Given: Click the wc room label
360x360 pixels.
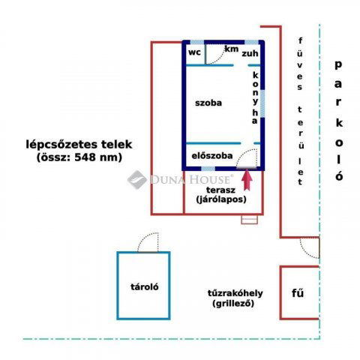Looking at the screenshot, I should click(193, 52).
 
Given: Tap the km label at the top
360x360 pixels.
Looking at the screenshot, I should click(232, 49).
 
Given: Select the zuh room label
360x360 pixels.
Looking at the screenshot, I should click(250, 53).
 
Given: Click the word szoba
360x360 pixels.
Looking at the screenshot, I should click(208, 103).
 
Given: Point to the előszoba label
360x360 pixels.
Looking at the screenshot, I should click(213, 156).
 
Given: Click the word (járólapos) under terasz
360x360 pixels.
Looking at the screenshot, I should click(216, 200).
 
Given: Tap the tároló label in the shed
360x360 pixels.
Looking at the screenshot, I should click(143, 286).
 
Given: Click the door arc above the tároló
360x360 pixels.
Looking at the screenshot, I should click(148, 242).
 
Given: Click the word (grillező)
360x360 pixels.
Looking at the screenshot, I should click(234, 304).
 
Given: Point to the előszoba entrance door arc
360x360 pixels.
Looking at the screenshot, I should click(250, 157).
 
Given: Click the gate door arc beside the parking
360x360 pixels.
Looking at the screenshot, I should click(309, 245).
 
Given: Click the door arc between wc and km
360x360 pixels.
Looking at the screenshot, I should click(214, 54).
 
